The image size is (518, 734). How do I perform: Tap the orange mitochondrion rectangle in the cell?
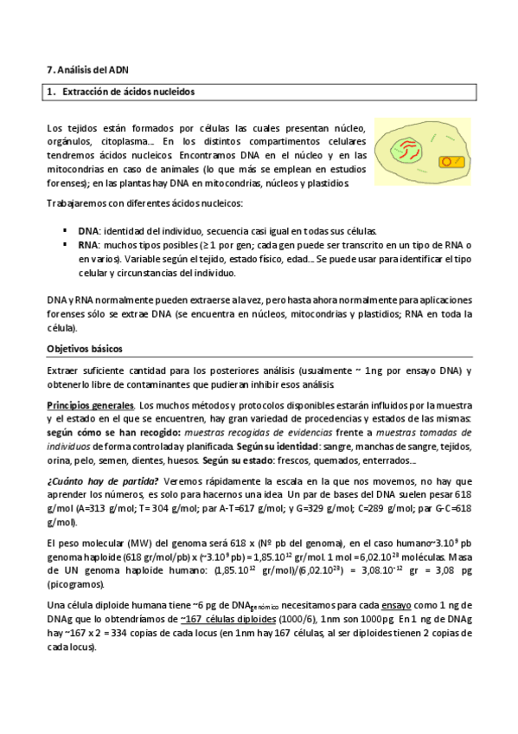449,161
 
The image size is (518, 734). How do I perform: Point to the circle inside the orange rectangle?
446,161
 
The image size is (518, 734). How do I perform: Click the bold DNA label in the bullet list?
87,231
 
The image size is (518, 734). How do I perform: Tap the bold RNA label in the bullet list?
87,245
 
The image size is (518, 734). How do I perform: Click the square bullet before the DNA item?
65,231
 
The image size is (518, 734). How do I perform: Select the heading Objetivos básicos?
85,349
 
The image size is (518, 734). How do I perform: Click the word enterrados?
393,460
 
